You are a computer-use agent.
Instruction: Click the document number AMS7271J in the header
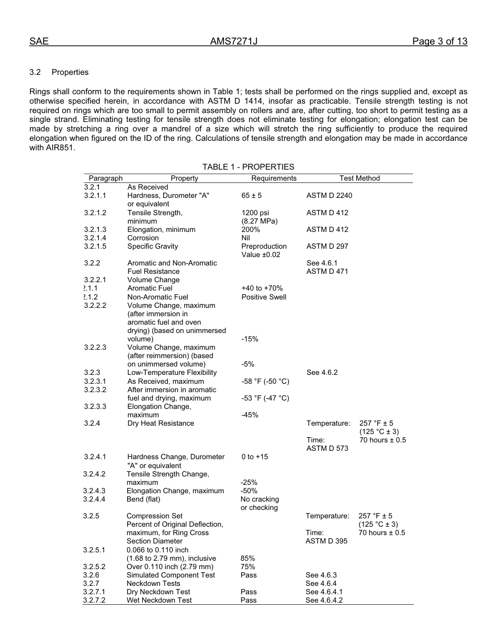click(234, 42)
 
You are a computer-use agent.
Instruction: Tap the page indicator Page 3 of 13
click(439, 42)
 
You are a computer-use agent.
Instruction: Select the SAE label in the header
click(39, 42)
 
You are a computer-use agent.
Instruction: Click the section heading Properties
click(70, 72)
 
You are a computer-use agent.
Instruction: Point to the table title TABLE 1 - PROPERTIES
click(248, 167)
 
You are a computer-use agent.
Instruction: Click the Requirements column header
click(274, 178)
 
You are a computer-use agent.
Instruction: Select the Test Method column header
click(359, 178)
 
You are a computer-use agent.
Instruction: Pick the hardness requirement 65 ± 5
click(252, 195)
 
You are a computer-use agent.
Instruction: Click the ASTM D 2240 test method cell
click(329, 195)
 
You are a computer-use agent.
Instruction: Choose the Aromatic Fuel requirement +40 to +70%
click(262, 288)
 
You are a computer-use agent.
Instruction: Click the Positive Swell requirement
click(264, 297)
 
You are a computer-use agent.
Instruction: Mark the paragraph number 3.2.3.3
click(95, 406)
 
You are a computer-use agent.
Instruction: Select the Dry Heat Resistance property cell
click(160, 423)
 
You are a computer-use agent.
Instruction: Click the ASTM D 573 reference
click(327, 448)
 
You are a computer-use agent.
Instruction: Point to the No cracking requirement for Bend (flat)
click(259, 499)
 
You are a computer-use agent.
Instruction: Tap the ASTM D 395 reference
click(326, 541)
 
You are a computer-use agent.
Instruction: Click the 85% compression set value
click(247, 558)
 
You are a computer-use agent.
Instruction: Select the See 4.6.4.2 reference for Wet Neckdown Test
click(324, 600)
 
